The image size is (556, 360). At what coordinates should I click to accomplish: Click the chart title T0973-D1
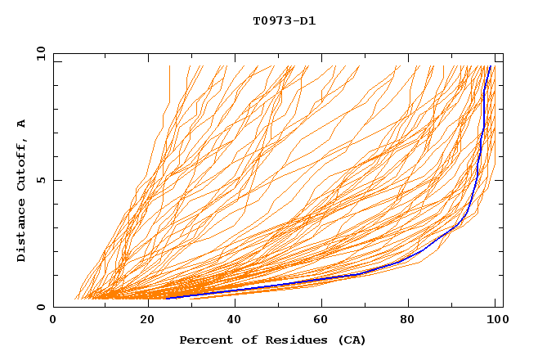pos(284,20)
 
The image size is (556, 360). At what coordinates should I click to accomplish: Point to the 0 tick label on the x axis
pos(53,320)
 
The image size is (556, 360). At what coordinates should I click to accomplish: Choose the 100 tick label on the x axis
pos(495,320)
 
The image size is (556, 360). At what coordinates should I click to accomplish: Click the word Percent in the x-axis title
pos(205,340)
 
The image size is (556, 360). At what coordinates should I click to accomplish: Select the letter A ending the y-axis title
pos(22,123)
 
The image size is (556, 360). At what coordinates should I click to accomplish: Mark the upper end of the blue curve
pos(490,66)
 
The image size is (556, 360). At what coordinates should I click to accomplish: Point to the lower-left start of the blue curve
pos(167,298)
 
